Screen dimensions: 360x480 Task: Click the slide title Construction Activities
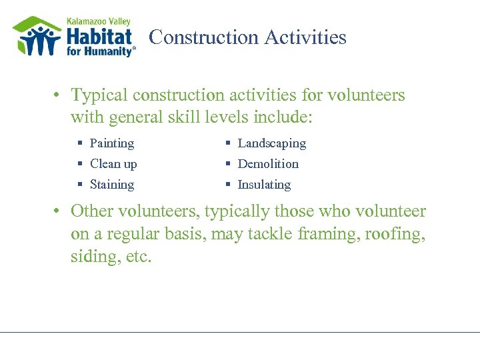[x=247, y=37]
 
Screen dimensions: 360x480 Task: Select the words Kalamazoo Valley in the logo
[x=98, y=21]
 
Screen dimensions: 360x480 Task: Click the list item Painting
[x=111, y=143]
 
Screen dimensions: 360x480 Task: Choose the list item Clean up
[x=113, y=164]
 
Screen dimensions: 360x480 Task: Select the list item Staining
[x=111, y=185]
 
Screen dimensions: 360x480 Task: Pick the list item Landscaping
[x=271, y=143]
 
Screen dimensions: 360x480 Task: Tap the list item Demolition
[x=268, y=164]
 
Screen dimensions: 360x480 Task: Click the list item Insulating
[x=264, y=185]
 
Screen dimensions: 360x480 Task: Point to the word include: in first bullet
[x=283, y=118]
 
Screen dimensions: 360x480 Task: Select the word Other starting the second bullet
[x=92, y=212]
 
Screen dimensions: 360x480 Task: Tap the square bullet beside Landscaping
[x=227, y=143]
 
